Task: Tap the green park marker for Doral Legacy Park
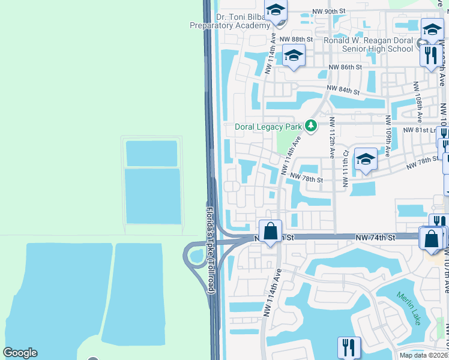click(310, 126)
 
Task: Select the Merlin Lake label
click(409, 308)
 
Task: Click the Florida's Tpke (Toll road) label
click(210, 250)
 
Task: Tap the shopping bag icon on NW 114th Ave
click(271, 231)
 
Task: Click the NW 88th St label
click(300, 39)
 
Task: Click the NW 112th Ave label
click(331, 137)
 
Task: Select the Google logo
click(20, 353)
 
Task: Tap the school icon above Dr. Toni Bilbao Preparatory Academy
click(276, 10)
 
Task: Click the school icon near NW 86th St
click(294, 56)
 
